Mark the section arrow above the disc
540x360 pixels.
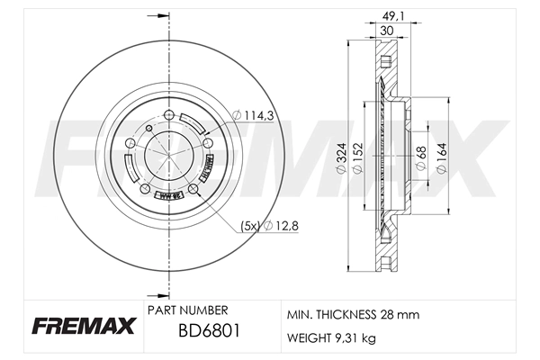(162, 14)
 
